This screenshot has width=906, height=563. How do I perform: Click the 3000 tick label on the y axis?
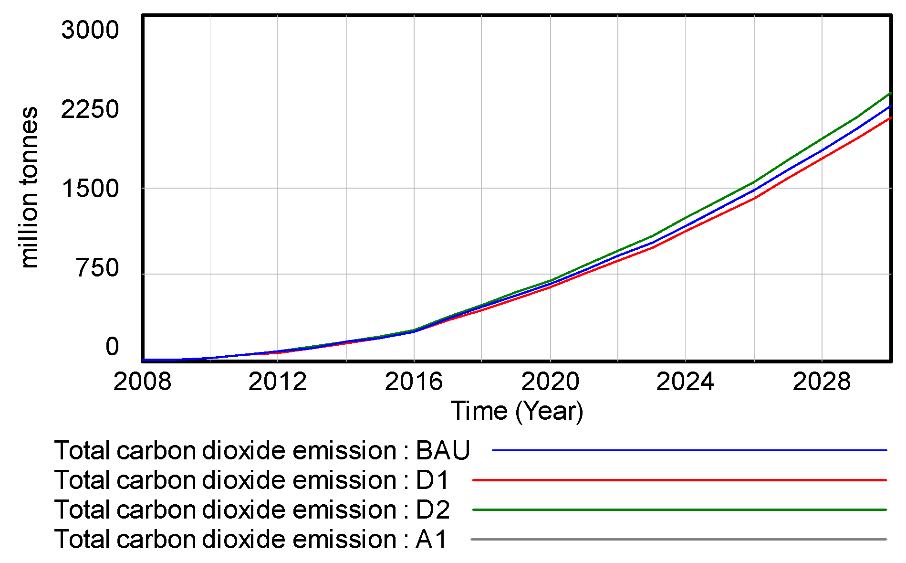coord(90,30)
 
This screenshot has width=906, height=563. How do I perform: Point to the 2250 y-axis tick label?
coord(90,109)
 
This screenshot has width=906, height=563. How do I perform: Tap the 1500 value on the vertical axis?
coord(90,189)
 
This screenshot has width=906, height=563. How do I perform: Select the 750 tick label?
coord(97,268)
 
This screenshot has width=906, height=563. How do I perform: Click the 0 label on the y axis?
coord(112,347)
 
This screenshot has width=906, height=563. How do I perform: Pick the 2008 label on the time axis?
coord(142,382)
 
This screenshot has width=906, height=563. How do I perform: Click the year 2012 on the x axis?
coord(277,382)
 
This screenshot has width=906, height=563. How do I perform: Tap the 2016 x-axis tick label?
coord(414,382)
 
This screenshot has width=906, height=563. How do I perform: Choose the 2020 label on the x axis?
coord(550,382)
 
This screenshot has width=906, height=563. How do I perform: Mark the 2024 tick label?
coord(685,382)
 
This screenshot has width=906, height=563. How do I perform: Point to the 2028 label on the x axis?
coord(821,382)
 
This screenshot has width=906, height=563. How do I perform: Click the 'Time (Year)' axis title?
coord(517,411)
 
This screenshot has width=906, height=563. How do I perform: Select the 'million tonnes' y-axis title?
coord(30,187)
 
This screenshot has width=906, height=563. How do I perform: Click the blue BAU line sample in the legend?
coord(689,450)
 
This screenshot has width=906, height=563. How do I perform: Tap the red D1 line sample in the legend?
coord(679,480)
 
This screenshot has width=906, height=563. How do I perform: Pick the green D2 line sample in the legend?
coord(679,510)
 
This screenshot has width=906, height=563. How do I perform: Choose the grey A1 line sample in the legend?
coord(678,540)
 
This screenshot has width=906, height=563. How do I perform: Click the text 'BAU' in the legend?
coord(443,450)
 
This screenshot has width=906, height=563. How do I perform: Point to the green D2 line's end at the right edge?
coord(890,93)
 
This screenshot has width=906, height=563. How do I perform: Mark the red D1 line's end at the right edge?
coord(890,118)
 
